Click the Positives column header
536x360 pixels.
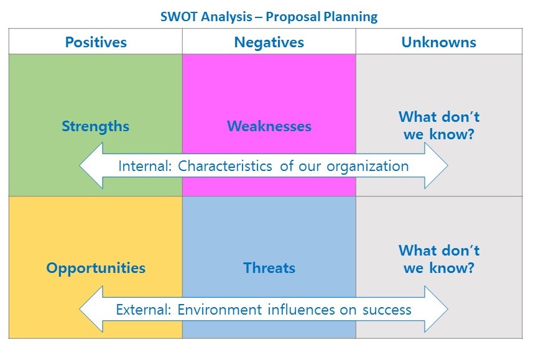96,42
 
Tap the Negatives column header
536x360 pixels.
269,42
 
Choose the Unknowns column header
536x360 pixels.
439,42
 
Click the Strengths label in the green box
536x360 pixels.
96,126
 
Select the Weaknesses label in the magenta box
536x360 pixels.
269,126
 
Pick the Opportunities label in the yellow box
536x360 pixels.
96,269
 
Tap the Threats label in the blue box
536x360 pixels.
269,268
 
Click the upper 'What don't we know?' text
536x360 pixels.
439,126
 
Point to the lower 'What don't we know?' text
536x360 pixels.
439,259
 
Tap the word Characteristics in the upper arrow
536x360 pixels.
225,166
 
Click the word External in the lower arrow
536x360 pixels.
144,310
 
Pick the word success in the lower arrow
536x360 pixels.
387,310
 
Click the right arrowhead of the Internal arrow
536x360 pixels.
436,165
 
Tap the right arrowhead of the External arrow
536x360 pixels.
436,309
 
